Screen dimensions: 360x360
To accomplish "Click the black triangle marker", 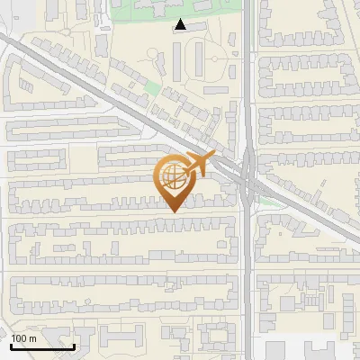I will point(181,25).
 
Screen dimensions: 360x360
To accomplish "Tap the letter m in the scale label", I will point(33,338).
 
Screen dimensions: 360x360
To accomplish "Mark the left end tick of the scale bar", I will point(11,346).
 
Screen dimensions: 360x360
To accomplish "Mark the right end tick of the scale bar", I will point(74,346).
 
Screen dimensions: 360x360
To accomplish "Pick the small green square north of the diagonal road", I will point(151,90).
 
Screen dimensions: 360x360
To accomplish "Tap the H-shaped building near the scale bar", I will point(121,338).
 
